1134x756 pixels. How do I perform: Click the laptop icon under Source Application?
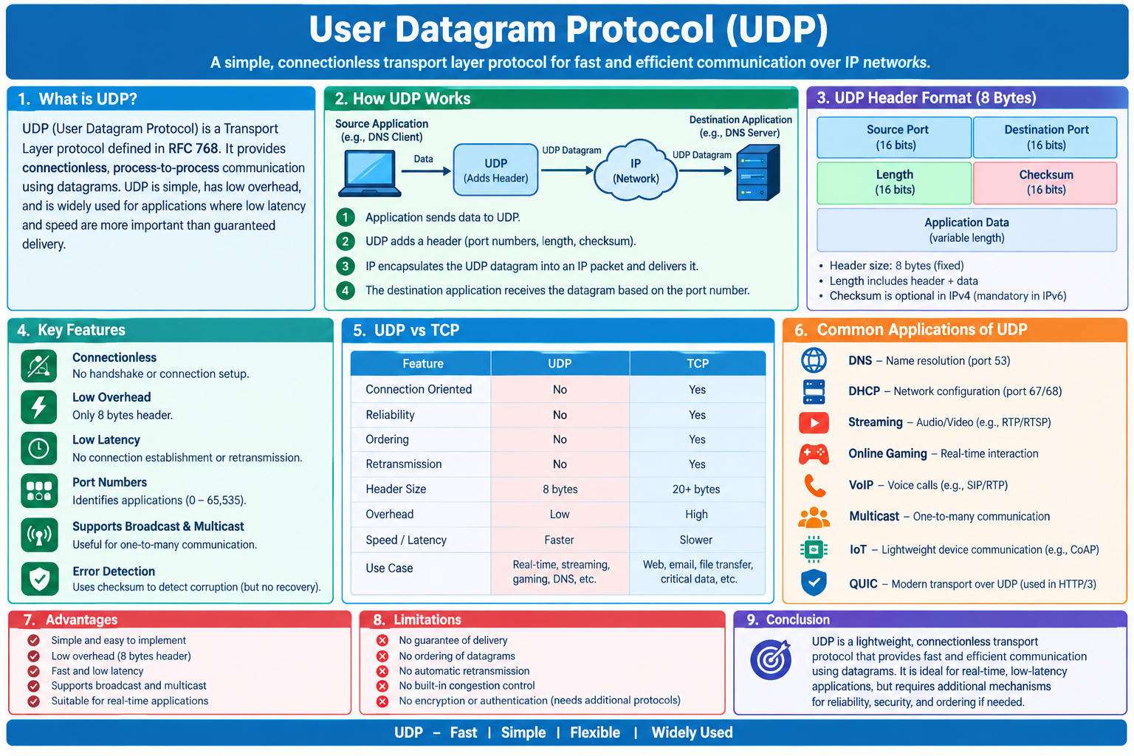tap(370, 173)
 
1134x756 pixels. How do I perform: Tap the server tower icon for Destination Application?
tap(758, 173)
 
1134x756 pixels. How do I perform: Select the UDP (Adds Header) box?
tap(495, 170)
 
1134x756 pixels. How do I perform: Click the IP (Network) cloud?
tap(636, 170)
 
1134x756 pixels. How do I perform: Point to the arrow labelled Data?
tap(426, 171)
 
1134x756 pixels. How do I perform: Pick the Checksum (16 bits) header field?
tap(1045, 182)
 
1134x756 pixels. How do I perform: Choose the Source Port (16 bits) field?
tap(895, 137)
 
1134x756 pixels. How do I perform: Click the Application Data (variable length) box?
tap(967, 230)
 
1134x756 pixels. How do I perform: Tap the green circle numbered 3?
tap(346, 266)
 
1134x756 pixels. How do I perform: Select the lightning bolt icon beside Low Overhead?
tap(39, 407)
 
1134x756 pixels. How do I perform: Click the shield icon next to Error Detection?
tap(39, 578)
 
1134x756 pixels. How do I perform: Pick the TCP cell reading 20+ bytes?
tap(696, 489)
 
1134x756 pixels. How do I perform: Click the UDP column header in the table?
tap(560, 363)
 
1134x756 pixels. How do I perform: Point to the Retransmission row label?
tap(404, 464)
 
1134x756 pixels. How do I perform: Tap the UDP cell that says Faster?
tap(559, 540)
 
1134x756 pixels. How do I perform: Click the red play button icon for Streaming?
tap(814, 422)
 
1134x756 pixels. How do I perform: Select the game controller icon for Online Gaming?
tap(814, 454)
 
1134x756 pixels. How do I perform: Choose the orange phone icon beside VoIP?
tap(814, 486)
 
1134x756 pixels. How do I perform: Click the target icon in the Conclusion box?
tap(771, 659)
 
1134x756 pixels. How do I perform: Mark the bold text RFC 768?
tap(193, 148)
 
